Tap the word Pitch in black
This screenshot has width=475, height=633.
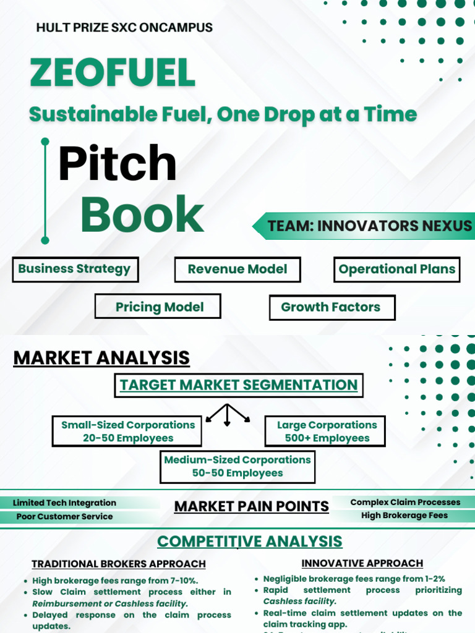[117, 163]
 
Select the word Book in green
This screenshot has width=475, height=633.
[142, 215]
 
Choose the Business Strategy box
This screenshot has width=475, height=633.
[75, 270]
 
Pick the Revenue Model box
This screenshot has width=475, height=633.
[237, 270]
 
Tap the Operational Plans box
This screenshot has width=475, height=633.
[396, 270]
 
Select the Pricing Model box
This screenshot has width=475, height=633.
[158, 307]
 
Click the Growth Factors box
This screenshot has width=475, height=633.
[332, 307]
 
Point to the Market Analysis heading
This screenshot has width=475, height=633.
[101, 358]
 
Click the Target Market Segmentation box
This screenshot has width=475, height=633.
[239, 385]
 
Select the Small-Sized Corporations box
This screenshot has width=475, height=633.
[127, 431]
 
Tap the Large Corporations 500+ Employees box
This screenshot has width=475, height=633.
[326, 431]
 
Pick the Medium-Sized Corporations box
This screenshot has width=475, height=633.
[237, 467]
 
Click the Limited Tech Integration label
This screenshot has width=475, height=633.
[64, 503]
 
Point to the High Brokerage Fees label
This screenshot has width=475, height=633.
[404, 516]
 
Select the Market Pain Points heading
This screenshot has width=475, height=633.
[251, 507]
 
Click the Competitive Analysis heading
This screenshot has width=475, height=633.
[249, 542]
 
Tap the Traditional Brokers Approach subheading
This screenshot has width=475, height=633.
[119, 564]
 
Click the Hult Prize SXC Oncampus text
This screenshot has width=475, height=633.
[124, 28]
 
